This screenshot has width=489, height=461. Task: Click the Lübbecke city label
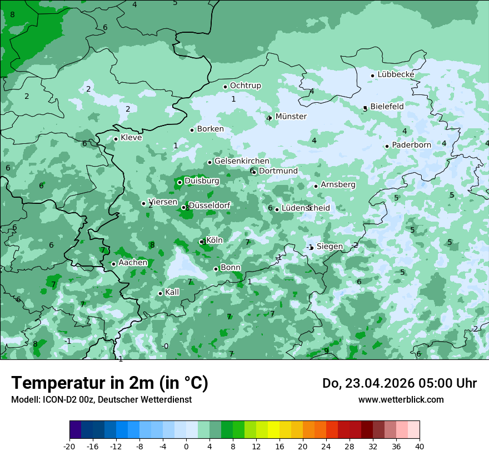396,74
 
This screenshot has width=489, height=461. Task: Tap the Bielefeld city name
387,106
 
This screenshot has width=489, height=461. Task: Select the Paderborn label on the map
411,145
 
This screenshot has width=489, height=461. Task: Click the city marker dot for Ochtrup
226,87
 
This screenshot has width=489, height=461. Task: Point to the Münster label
291,117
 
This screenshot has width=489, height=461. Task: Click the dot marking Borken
192,130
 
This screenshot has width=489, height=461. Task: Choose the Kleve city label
131,138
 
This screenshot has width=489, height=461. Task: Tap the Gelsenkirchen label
242,161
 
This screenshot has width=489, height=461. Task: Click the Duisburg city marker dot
179,182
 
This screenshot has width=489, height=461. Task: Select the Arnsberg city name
338,184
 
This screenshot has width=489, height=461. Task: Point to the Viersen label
163,202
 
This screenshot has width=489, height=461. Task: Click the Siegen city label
330,246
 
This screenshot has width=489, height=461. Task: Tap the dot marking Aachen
113,264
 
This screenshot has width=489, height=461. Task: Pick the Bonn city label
231,268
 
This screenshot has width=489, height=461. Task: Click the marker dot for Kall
160,293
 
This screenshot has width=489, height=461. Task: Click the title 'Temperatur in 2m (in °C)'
109,383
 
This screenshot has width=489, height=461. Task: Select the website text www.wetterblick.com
401,400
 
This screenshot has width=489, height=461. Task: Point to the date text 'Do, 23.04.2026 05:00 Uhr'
399,383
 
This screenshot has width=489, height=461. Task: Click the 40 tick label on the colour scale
420,446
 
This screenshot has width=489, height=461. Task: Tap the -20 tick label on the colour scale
69,446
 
